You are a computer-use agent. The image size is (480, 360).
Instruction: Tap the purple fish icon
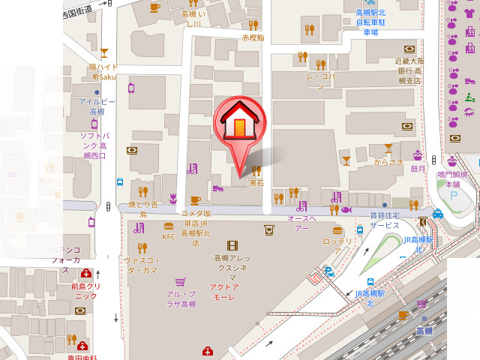click(x=346, y=210)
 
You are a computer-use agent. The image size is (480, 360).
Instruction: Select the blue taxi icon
click(x=438, y=213)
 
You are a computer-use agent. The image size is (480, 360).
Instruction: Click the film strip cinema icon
click(x=232, y=245)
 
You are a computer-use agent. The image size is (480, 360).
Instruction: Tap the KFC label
click(x=169, y=237)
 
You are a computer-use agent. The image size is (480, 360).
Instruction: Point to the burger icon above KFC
click(x=169, y=225)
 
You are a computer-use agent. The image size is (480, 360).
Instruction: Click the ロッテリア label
click(x=337, y=241)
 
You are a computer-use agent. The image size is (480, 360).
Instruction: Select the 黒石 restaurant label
click(x=256, y=182)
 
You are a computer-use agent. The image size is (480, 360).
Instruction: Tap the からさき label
click(x=388, y=160)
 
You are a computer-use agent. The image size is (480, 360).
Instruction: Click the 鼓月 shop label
click(x=418, y=169)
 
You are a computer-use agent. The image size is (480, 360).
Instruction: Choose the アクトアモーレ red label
click(x=224, y=292)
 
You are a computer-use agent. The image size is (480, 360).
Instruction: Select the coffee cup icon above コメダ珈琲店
click(x=195, y=199)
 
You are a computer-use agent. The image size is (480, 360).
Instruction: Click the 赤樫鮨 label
click(x=253, y=37)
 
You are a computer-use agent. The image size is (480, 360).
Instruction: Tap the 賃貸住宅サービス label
click(x=384, y=220)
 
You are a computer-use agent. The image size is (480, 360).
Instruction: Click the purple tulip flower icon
click(x=172, y=199)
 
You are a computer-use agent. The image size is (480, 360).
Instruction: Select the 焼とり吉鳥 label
click(x=142, y=209)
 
